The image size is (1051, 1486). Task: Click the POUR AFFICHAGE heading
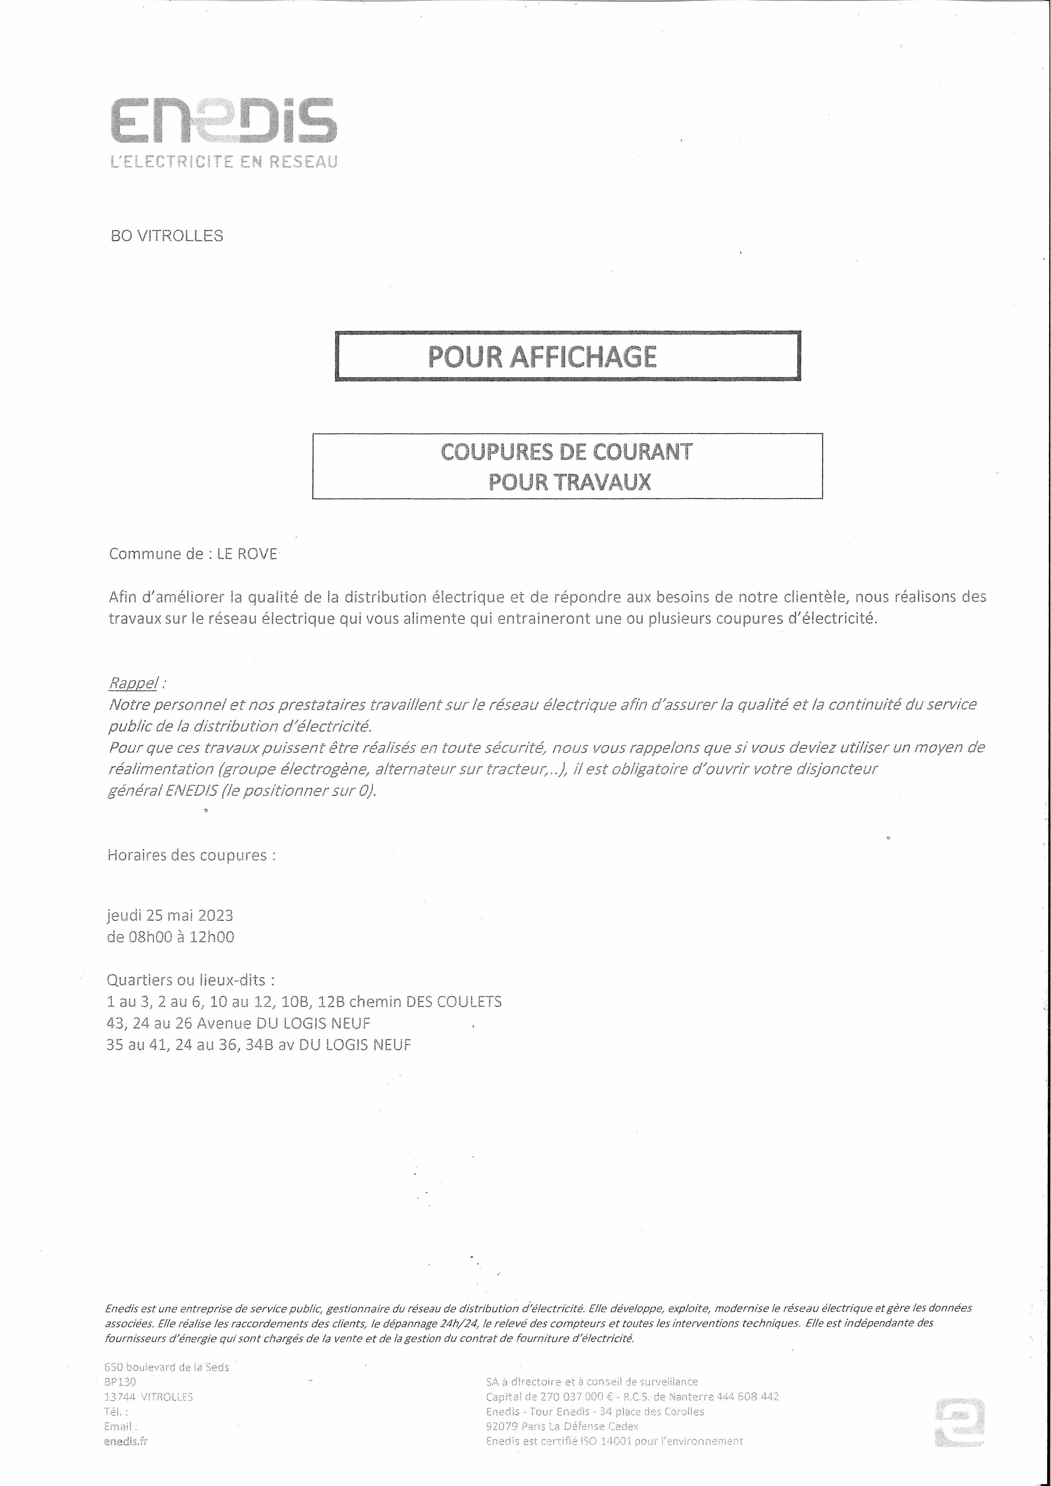point(542,357)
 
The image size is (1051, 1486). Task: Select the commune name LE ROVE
point(247,554)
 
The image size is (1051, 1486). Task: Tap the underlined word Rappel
point(133,683)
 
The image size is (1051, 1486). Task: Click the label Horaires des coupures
point(191,855)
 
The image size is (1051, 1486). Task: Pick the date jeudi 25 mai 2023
point(170,915)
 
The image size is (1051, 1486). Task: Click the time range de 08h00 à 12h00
point(170,937)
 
